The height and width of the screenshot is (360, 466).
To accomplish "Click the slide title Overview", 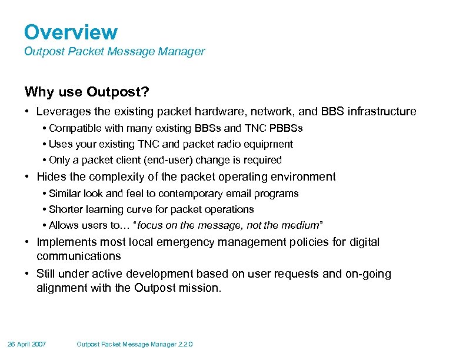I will (x=71, y=32).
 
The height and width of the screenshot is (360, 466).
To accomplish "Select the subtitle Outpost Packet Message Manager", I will (x=114, y=52).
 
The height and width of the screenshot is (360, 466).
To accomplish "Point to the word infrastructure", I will (x=380, y=112).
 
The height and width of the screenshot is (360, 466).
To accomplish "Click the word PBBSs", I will (x=288, y=128).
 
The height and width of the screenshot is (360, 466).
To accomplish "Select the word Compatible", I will (x=74, y=128).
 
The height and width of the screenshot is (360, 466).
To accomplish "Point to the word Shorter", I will (x=65, y=209).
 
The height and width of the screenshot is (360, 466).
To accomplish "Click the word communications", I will (x=78, y=256).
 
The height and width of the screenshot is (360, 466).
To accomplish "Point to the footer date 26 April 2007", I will (x=27, y=344).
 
